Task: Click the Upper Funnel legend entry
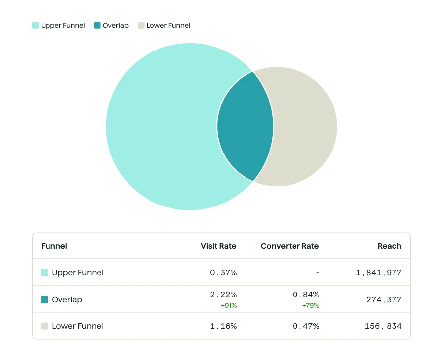tap(58, 25)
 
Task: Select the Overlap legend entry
tap(111, 25)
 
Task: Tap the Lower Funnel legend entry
tap(164, 25)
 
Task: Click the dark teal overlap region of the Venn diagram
tap(245, 127)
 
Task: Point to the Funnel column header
tap(54, 246)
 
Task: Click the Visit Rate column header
tap(218, 246)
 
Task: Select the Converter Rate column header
tap(290, 246)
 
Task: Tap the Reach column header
tap(389, 246)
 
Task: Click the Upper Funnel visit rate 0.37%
tap(223, 272)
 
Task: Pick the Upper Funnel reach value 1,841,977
tap(379, 272)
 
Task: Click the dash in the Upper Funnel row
tap(317, 272)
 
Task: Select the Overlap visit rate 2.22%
tap(223, 295)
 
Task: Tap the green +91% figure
tap(229, 306)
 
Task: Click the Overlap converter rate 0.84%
tap(306, 295)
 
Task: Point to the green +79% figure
tap(311, 306)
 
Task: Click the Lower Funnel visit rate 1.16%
tap(223, 326)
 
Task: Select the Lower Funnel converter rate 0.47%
tap(306, 326)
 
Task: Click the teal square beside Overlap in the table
tap(45, 299)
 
